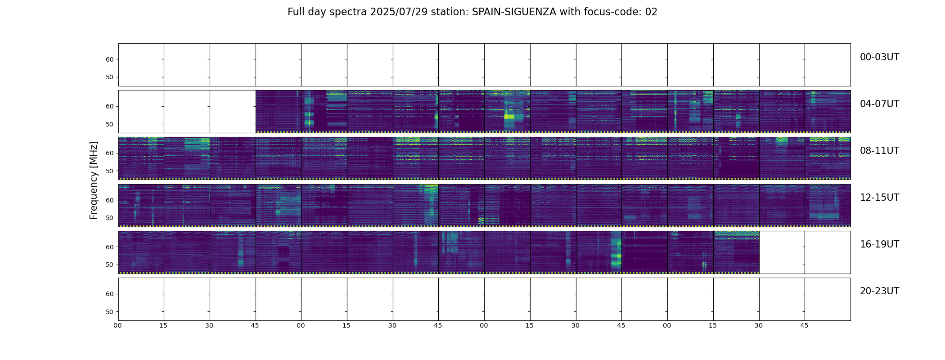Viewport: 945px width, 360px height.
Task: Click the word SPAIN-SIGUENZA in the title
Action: click(513, 12)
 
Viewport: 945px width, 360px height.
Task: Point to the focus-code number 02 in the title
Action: click(651, 12)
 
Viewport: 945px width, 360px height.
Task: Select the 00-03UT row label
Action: click(879, 57)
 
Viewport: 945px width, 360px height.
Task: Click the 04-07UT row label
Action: click(879, 104)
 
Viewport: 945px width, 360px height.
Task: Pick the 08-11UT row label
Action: click(879, 151)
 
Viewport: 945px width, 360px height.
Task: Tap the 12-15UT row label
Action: click(879, 198)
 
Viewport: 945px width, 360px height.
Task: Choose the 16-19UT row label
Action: click(879, 244)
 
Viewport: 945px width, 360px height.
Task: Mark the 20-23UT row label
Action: click(879, 291)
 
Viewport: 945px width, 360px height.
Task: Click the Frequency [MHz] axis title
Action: click(94, 180)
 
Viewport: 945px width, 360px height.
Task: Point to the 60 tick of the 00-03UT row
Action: click(109, 59)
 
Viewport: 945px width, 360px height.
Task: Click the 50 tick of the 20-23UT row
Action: click(109, 312)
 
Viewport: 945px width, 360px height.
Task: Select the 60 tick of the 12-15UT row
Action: click(109, 200)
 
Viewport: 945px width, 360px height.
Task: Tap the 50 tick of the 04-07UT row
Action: click(109, 124)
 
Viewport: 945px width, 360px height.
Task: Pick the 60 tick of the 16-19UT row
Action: click(109, 247)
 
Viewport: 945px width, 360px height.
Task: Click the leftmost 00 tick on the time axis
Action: click(118, 325)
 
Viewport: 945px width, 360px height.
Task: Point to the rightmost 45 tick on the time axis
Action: click(804, 325)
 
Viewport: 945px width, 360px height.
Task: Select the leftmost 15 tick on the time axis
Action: click(163, 325)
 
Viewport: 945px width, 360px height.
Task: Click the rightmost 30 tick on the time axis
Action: click(759, 325)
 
